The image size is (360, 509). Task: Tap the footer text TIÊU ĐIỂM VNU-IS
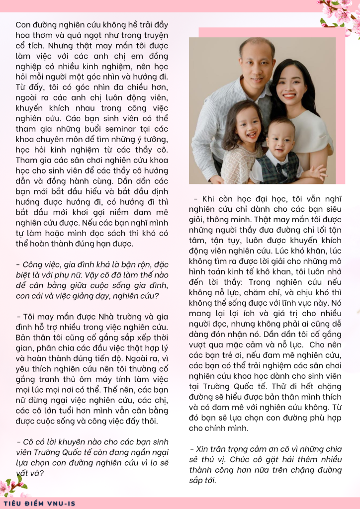pos(38,503)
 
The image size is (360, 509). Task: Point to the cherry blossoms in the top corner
pos(339,12)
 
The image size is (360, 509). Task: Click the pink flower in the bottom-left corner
pos(12,485)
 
